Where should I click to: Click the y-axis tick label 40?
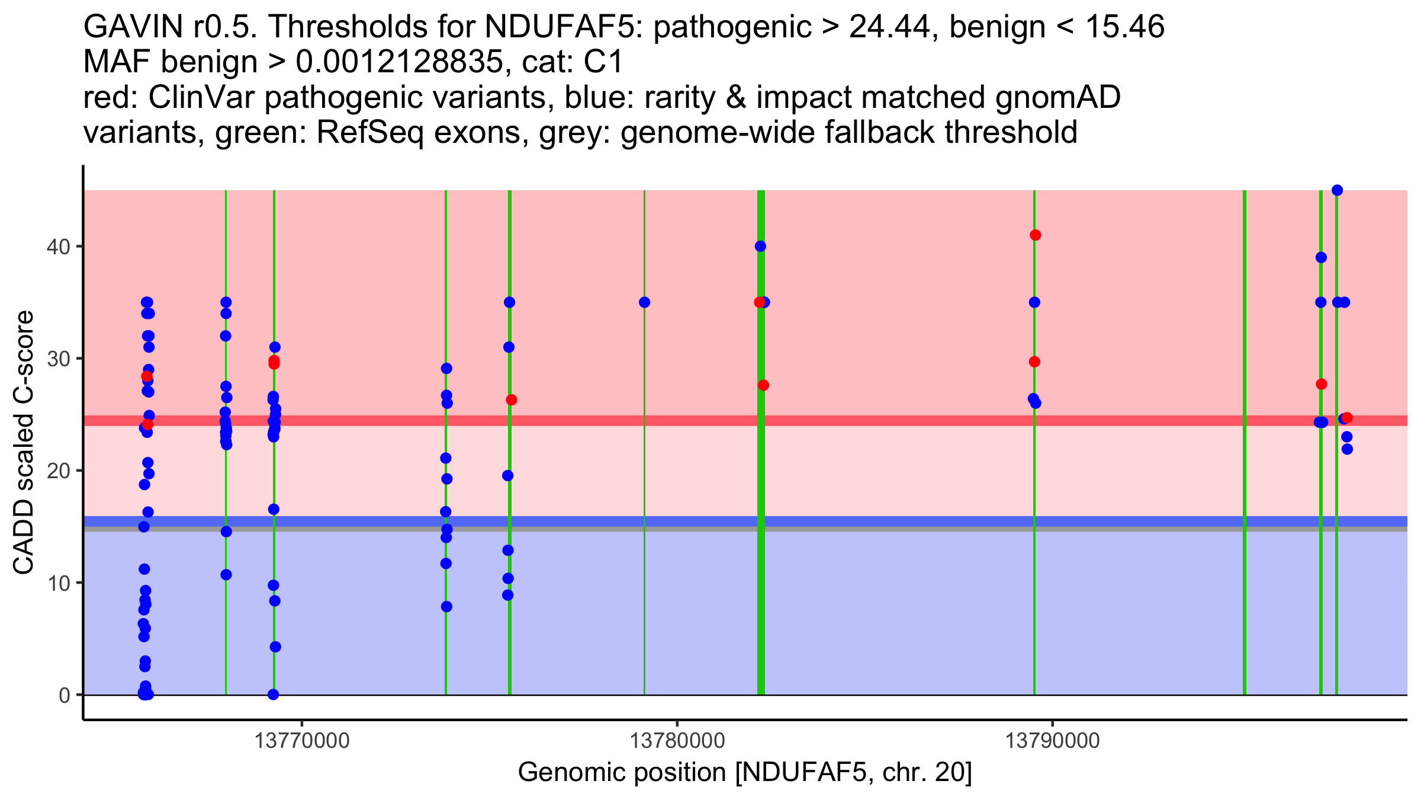[57, 247]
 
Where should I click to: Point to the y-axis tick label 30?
[57, 359]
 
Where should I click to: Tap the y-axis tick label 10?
[57, 583]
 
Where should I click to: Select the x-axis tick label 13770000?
[302, 741]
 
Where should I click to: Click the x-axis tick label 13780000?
[677, 741]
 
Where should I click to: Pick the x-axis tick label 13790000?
[1052, 741]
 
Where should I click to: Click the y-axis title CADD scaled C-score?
[24, 443]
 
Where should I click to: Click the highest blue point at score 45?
[1337, 190]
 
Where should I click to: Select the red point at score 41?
[1035, 235]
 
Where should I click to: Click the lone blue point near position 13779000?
[644, 302]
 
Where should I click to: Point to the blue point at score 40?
[760, 247]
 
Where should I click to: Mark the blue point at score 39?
[1321, 258]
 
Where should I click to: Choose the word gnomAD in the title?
[1058, 97]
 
